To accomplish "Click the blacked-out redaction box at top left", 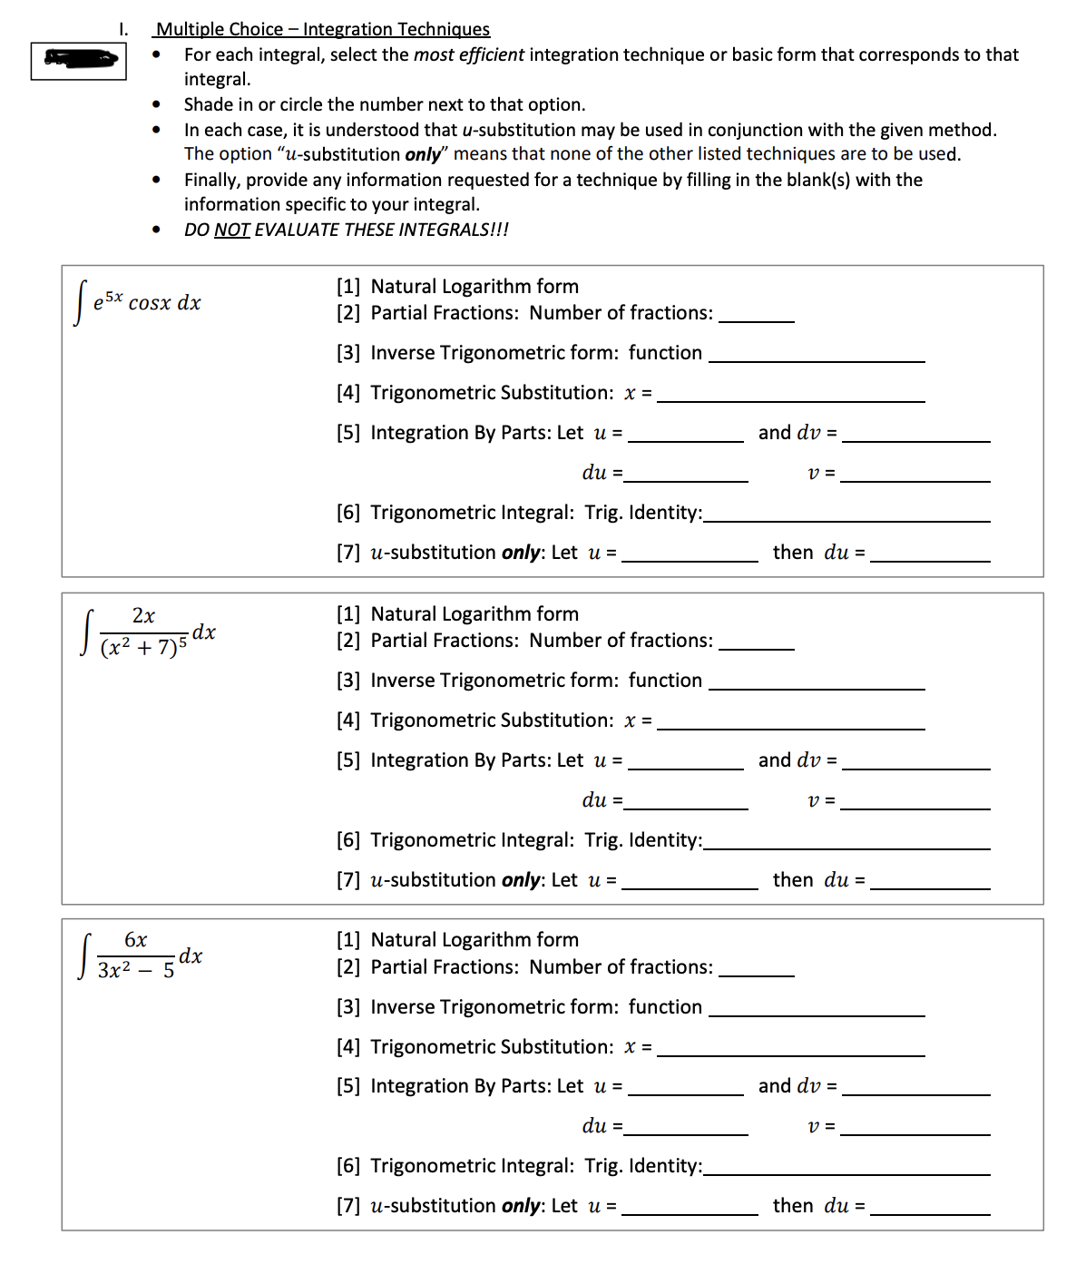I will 79,61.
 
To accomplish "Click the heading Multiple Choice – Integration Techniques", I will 322,29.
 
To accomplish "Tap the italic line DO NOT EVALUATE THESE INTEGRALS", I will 346,230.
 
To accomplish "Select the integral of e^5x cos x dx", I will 139,303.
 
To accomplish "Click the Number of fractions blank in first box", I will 756,314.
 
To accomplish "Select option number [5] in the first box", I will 348,433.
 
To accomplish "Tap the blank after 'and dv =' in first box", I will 915,434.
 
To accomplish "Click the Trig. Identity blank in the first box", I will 846,514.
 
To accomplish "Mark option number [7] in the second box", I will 348,880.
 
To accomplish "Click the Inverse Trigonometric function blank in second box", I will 817,681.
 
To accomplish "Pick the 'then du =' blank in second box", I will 929,881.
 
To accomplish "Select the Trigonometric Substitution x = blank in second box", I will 790,721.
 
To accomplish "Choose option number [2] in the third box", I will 348,967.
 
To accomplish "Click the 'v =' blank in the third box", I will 915,1127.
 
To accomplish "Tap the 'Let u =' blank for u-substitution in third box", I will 690,1207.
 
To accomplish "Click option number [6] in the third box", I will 348,1166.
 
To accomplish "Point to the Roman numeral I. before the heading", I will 123,29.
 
